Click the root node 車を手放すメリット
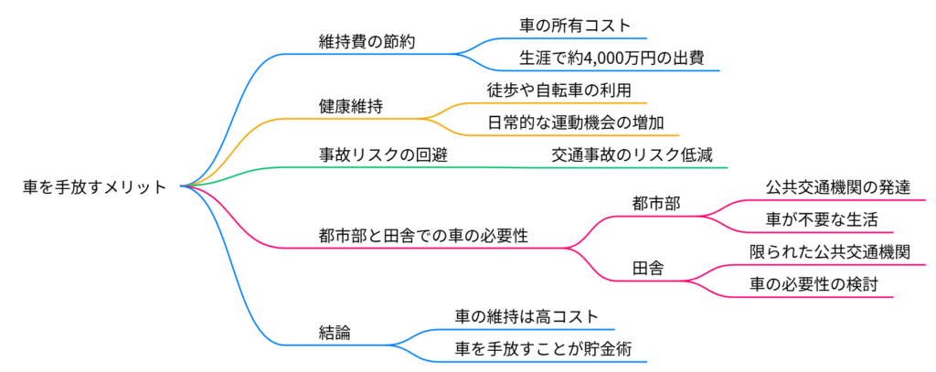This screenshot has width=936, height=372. click(95, 186)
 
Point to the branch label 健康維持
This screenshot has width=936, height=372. click(350, 106)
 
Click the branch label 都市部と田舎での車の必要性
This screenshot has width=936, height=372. click(423, 235)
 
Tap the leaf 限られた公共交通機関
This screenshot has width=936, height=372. click(829, 251)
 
